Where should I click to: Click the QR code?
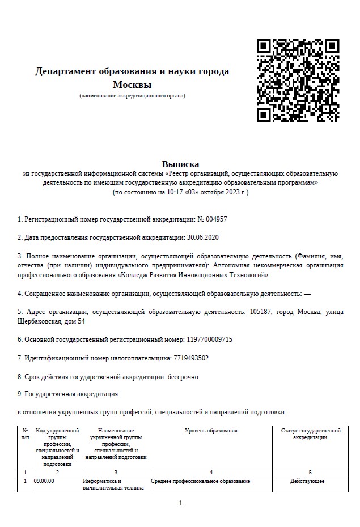point(298,80)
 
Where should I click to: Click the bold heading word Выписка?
point(180,164)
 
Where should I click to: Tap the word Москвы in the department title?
point(132,85)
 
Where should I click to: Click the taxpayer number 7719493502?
point(190,358)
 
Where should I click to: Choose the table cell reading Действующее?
point(310,481)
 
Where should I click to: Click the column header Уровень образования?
point(211,431)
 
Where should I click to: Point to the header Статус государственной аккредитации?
point(310,434)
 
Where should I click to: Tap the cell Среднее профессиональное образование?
point(201,481)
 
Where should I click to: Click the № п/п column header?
point(25,434)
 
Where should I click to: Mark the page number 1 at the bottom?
point(180,503)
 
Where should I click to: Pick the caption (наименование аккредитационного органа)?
point(132,95)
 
